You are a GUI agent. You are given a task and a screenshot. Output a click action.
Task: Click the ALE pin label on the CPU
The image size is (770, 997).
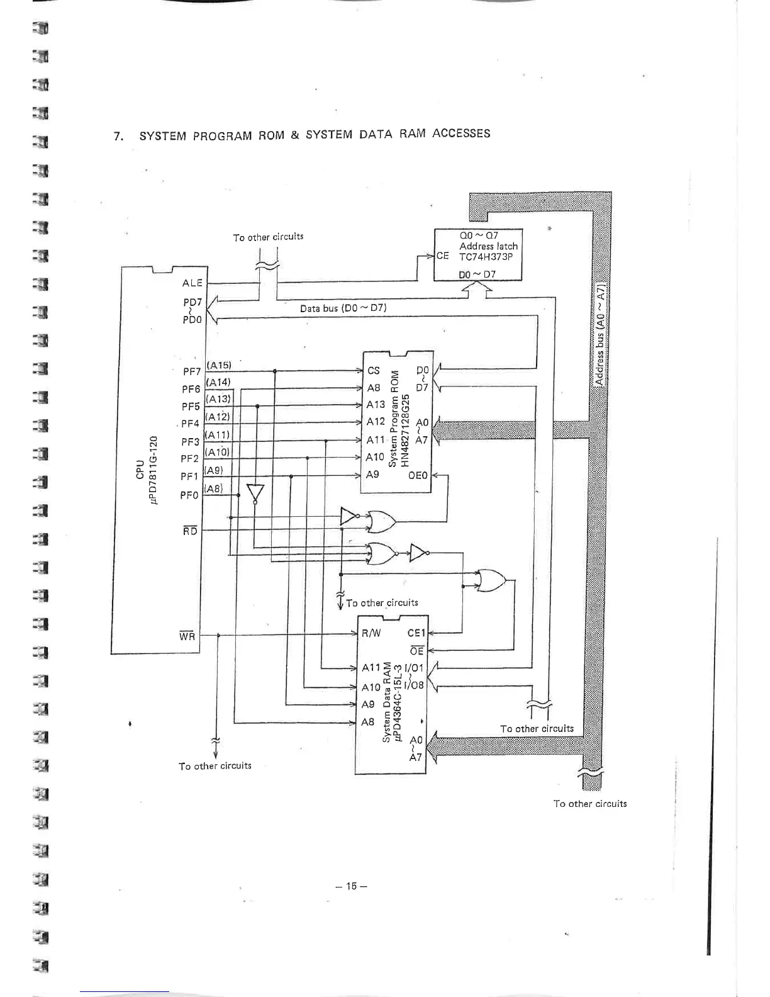pyautogui.click(x=192, y=283)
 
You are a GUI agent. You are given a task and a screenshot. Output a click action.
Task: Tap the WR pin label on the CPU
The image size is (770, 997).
pyautogui.click(x=187, y=636)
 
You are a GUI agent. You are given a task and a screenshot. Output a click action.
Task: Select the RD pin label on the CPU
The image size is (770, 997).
pyautogui.click(x=189, y=531)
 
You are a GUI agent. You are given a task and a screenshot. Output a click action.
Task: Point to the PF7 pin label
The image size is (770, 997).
pyautogui.click(x=192, y=371)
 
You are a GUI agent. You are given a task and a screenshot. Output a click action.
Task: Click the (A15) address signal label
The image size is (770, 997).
pyautogui.click(x=219, y=365)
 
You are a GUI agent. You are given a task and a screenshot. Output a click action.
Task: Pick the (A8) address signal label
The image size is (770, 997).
pyautogui.click(x=214, y=488)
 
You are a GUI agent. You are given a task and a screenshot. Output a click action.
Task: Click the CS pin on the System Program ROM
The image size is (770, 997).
pyautogui.click(x=374, y=371)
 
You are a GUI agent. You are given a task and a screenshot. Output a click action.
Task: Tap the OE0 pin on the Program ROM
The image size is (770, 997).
pyautogui.click(x=418, y=475)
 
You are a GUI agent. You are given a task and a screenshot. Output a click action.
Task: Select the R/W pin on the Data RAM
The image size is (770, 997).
pyautogui.click(x=371, y=633)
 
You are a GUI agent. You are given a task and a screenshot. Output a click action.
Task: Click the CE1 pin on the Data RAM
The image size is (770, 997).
pyautogui.click(x=416, y=633)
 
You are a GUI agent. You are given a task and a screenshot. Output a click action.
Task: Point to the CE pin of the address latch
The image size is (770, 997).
pyautogui.click(x=442, y=256)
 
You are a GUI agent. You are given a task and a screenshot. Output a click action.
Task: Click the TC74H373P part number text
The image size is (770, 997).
pyautogui.click(x=486, y=257)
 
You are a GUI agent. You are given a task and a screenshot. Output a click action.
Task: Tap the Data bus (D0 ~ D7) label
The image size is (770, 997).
pyautogui.click(x=343, y=308)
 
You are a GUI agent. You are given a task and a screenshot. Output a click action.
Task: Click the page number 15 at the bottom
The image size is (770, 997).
pyautogui.click(x=351, y=886)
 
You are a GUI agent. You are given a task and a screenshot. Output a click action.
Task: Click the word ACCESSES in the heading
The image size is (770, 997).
pyautogui.click(x=461, y=133)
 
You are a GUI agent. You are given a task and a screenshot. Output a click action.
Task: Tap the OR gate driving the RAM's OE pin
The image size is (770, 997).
pyautogui.click(x=491, y=581)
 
